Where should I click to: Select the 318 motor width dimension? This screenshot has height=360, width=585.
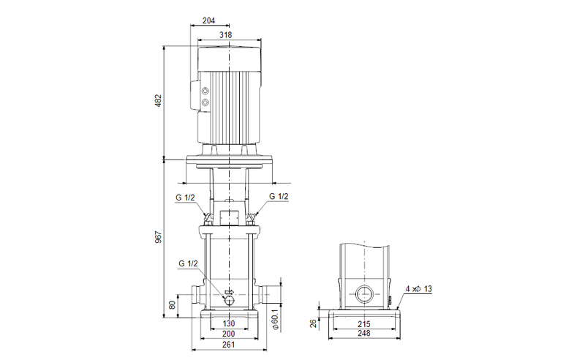(228, 34)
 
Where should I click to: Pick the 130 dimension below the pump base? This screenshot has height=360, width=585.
(229, 323)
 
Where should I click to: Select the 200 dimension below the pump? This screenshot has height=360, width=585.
(229, 334)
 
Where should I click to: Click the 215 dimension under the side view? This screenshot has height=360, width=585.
(363, 323)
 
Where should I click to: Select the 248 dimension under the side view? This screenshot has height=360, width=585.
(363, 334)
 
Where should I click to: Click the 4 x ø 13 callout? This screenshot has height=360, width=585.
(420, 289)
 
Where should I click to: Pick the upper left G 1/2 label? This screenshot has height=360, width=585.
(185, 196)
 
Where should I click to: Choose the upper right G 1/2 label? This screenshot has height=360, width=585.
(279, 196)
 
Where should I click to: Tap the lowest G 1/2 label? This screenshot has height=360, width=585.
(188, 263)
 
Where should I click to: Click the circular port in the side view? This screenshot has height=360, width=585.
(363, 296)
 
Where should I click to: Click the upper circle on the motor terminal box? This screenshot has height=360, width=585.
(205, 91)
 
